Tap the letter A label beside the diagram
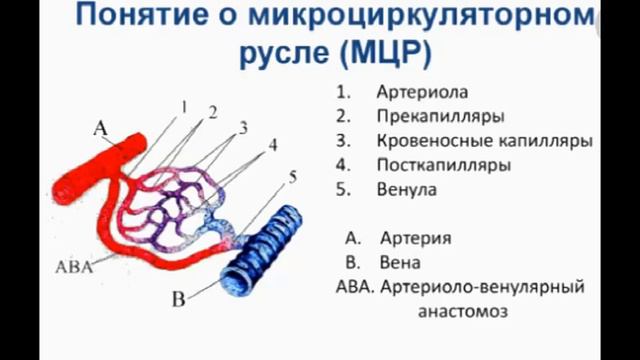[x=98, y=127]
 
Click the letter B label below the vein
[x=179, y=297]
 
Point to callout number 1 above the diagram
[x=184, y=105]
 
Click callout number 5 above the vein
[x=292, y=177]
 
